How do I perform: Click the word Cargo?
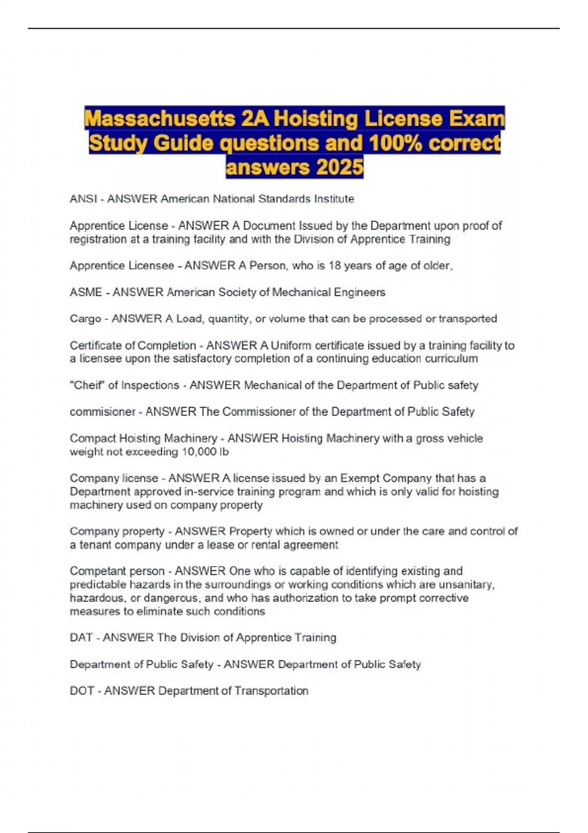point(85,319)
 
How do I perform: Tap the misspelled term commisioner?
point(102,412)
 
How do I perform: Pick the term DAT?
point(81,637)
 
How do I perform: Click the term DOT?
point(81,691)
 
